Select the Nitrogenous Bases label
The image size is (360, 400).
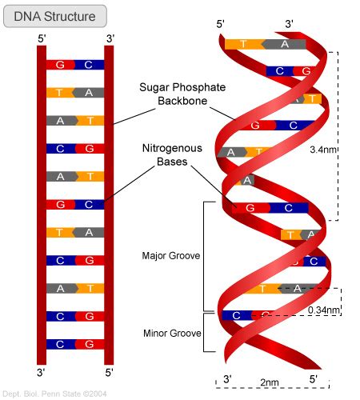(171, 155)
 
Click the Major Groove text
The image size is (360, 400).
(171, 257)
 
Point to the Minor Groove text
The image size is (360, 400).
(171, 332)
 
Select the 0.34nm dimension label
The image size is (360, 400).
(324, 310)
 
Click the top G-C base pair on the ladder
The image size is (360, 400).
(74, 65)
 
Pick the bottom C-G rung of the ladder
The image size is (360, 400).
(74, 344)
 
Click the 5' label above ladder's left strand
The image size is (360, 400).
(42, 37)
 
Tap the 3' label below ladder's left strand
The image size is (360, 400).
(42, 373)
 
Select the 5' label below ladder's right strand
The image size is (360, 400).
(110, 373)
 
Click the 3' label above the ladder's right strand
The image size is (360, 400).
(110, 37)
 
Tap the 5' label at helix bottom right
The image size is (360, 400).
(312, 378)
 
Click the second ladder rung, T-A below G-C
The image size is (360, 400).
(74, 93)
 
